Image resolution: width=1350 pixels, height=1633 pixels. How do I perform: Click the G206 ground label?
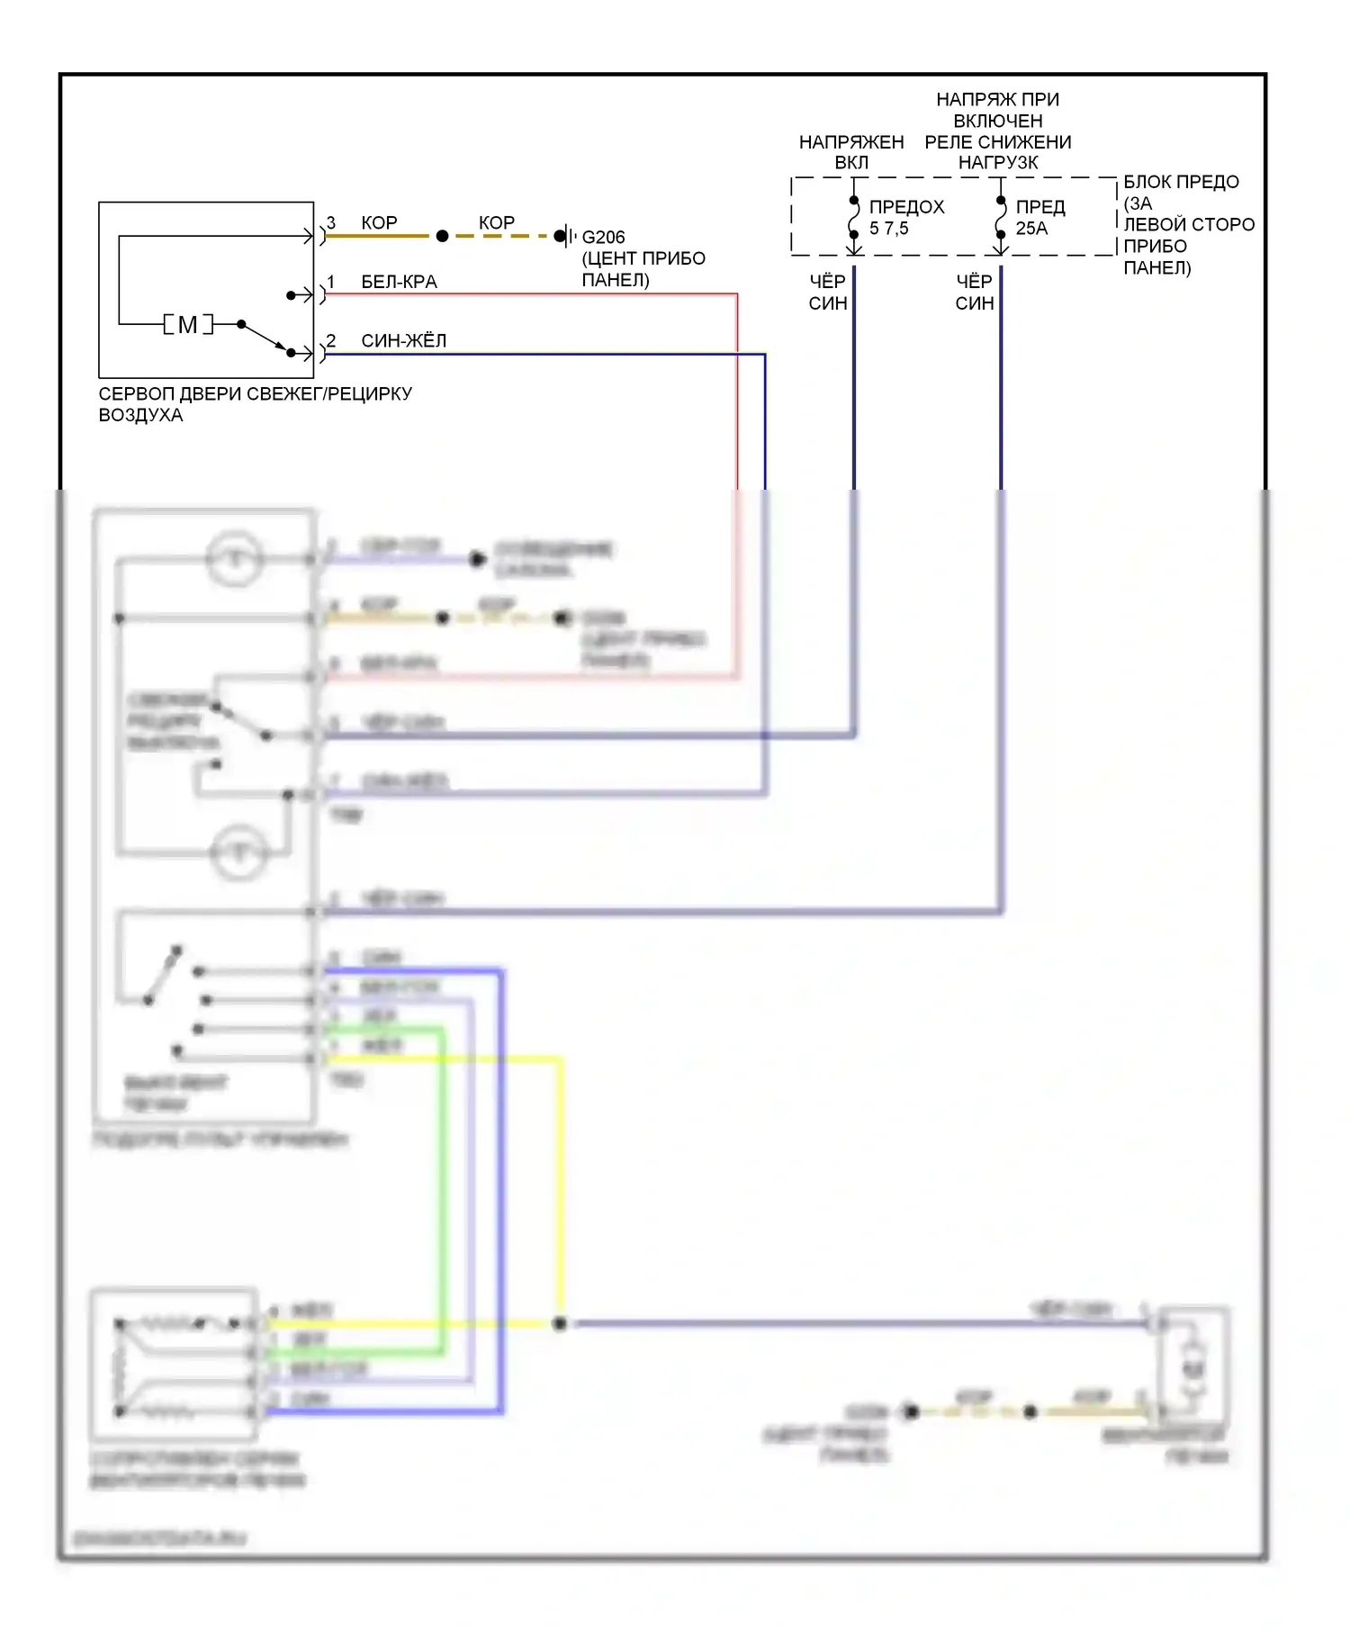[x=603, y=238]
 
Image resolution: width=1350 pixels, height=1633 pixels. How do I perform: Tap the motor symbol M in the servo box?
[x=187, y=325]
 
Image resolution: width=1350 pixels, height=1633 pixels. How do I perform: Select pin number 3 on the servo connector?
[x=331, y=222]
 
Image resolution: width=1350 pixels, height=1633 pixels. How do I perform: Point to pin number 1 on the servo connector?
[x=331, y=282]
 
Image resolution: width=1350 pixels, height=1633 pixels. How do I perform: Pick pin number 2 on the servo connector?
[x=331, y=340]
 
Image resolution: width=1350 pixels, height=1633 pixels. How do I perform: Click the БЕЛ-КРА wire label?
[x=399, y=282]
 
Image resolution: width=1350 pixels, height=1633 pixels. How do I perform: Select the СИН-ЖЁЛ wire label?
[x=403, y=340]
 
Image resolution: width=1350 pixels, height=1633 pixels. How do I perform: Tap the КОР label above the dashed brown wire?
[x=496, y=222]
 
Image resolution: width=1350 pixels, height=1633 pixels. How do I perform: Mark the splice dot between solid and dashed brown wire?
[x=442, y=236]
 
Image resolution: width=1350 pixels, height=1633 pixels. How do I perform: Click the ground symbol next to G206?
[x=566, y=236]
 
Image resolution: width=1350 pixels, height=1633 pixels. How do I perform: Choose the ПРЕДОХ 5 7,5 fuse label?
[x=906, y=218]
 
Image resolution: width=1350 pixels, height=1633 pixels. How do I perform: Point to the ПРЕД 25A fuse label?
[x=1040, y=218]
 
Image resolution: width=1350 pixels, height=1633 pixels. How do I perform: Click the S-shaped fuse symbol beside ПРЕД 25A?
[x=1001, y=217]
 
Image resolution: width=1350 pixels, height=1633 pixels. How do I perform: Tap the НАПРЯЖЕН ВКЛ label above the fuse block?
[x=851, y=152]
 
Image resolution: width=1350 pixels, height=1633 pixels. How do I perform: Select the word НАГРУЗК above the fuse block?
[x=998, y=163]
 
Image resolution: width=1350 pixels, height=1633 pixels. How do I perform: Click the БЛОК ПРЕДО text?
[x=1181, y=182]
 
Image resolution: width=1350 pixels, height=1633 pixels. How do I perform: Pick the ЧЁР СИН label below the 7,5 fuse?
[x=828, y=293]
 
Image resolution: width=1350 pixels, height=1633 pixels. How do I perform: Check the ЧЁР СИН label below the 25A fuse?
[x=975, y=293]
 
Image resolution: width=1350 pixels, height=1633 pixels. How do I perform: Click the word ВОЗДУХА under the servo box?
[x=140, y=415]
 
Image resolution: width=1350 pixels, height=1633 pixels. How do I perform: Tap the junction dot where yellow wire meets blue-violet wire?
[x=560, y=1323]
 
